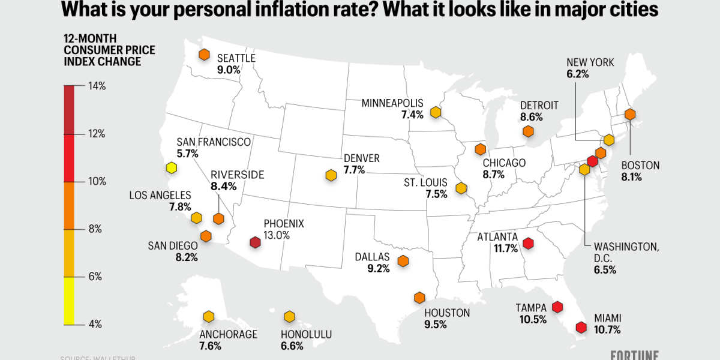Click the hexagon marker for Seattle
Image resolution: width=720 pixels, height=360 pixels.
pyautogui.click(x=204, y=55)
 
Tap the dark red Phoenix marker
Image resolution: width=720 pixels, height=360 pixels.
pyautogui.click(x=255, y=243)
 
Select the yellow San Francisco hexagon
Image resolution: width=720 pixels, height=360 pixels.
pyautogui.click(x=172, y=168)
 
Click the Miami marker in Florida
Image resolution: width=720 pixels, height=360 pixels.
pyautogui.click(x=581, y=328)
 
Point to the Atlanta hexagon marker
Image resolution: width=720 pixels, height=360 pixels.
pyautogui.click(x=528, y=243)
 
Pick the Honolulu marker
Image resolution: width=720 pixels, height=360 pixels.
pyautogui.click(x=289, y=316)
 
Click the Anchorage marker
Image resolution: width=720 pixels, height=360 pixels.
pyautogui.click(x=208, y=316)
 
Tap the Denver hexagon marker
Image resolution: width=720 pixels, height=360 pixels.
pyautogui.click(x=331, y=175)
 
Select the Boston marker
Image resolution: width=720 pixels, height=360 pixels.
pyautogui.click(x=629, y=114)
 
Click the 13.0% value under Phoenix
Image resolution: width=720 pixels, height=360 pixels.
pyautogui.click(x=277, y=235)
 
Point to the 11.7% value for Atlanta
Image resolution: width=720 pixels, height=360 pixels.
pyautogui.click(x=506, y=248)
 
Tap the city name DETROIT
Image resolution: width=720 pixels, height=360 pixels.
pyautogui.click(x=539, y=106)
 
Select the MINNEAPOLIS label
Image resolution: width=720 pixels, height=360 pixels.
pyautogui.click(x=392, y=103)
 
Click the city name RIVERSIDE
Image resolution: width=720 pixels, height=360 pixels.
pyautogui.click(x=238, y=175)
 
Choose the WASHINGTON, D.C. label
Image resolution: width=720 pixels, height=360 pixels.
pyautogui.click(x=626, y=247)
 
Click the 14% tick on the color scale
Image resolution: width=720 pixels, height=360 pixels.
pyautogui.click(x=96, y=86)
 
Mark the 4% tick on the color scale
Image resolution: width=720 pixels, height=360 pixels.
pyautogui.click(x=96, y=324)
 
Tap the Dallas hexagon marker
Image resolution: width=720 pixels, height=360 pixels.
pyautogui.click(x=403, y=261)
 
